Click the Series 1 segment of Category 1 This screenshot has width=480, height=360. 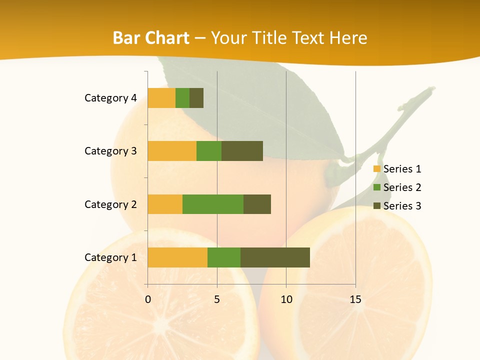tap(177, 257)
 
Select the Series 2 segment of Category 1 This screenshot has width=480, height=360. tap(224, 257)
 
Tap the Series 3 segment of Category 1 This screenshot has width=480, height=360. tap(275, 257)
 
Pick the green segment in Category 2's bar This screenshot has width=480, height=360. tap(213, 204)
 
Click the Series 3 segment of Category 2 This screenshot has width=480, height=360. tap(257, 204)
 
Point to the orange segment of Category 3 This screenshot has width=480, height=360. tap(172, 151)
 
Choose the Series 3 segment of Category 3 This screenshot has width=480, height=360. tap(242, 151)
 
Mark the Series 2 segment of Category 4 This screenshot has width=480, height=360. tap(182, 98)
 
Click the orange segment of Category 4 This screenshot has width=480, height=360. tap(161, 98)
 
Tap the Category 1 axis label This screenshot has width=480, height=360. tap(110, 257)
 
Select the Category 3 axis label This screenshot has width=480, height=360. tap(110, 151)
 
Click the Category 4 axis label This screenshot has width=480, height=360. tap(110, 98)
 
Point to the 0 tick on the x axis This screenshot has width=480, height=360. tap(148, 299)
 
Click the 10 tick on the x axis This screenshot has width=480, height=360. tap(286, 299)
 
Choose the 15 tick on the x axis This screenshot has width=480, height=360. tap(355, 299)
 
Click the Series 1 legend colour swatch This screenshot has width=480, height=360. tap(377, 169)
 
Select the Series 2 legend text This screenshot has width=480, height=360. tap(402, 187)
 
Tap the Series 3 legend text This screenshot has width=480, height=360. tap(402, 206)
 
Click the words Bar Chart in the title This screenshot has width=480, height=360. tap(151, 38)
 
